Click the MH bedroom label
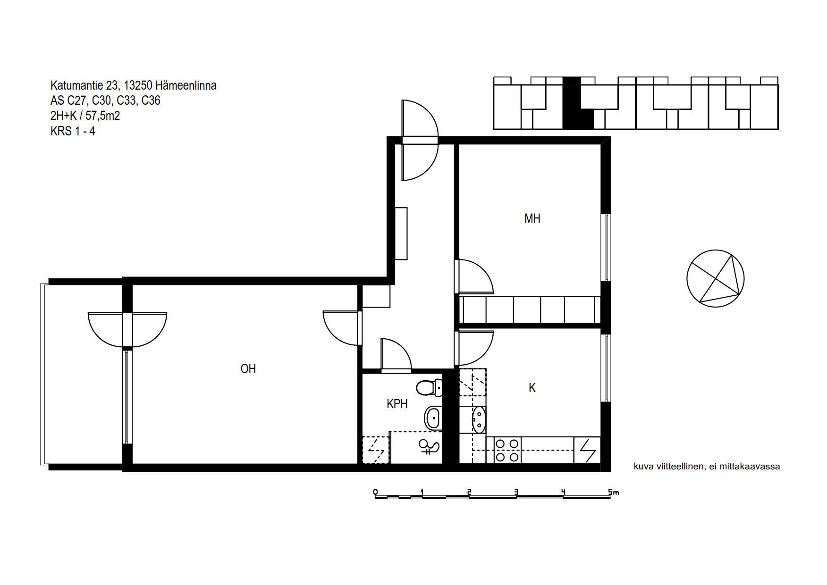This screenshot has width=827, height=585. (532, 218)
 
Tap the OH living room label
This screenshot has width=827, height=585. (248, 369)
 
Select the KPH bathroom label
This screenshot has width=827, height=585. (397, 404)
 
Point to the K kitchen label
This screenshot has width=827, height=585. (532, 388)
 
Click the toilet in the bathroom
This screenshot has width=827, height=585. (429, 388)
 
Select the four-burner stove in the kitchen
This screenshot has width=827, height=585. (507, 450)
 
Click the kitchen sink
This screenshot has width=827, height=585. (479, 419)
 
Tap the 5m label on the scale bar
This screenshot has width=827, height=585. (614, 492)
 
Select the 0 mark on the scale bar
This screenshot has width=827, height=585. (376, 492)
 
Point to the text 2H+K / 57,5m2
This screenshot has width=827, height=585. (85, 116)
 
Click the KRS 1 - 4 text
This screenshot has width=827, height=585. (73, 131)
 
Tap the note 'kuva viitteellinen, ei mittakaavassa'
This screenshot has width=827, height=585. (707, 467)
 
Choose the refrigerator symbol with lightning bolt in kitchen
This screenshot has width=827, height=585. (587, 450)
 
